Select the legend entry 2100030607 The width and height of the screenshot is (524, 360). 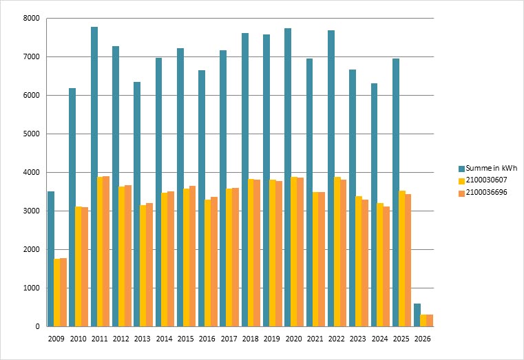486,180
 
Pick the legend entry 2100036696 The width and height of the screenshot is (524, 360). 486,193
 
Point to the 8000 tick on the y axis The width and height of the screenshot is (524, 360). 32,19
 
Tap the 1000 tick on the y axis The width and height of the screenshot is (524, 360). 32,288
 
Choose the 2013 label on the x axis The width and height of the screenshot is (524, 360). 142,339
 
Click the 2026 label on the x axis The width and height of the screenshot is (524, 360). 422,339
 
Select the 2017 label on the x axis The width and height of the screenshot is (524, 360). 228,339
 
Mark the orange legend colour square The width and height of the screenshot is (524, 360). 461,193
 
